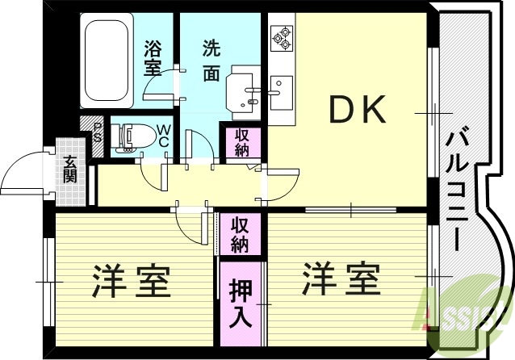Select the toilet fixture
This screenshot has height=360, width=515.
[132, 136]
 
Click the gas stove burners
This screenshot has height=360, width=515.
[283, 36]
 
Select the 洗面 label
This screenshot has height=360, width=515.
[211, 60]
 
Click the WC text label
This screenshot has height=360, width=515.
[163, 136]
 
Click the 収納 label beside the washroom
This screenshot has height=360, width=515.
[241, 143]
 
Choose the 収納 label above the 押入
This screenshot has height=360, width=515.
[240, 233]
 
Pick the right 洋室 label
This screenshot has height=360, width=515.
[340, 281]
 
